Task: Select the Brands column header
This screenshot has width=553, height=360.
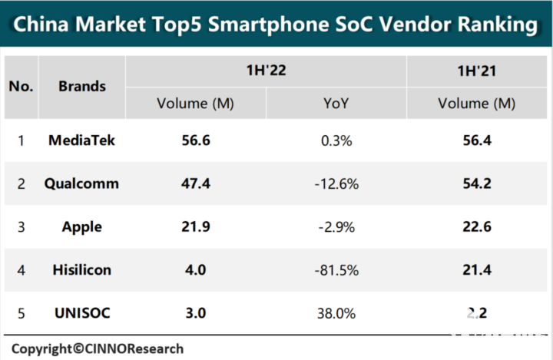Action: click(82, 86)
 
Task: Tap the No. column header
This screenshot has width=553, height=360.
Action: click(21, 86)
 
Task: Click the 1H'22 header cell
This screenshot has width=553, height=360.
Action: click(266, 70)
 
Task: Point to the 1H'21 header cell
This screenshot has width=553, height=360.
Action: click(475, 70)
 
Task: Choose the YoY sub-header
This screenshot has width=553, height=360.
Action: click(336, 103)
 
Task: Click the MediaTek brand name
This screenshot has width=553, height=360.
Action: click(81, 140)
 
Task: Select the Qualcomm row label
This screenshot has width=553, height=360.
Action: click(81, 183)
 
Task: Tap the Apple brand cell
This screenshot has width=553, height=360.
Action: click(81, 227)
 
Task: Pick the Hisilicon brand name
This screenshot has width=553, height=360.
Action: click(81, 270)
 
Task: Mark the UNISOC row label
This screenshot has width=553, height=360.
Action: click(81, 313)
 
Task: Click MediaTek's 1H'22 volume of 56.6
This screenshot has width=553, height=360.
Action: click(195, 140)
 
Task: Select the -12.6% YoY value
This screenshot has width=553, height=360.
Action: click(336, 183)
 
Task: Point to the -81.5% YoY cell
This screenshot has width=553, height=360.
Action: click(336, 270)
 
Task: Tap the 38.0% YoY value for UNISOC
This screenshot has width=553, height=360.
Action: click(336, 313)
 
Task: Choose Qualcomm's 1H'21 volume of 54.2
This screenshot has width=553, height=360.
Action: click(475, 183)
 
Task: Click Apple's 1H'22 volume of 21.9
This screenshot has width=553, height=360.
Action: click(195, 227)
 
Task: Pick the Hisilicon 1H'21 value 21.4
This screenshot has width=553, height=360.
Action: click(475, 270)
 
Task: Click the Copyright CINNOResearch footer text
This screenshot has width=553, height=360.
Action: click(97, 348)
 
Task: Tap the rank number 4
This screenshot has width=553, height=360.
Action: click(21, 270)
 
